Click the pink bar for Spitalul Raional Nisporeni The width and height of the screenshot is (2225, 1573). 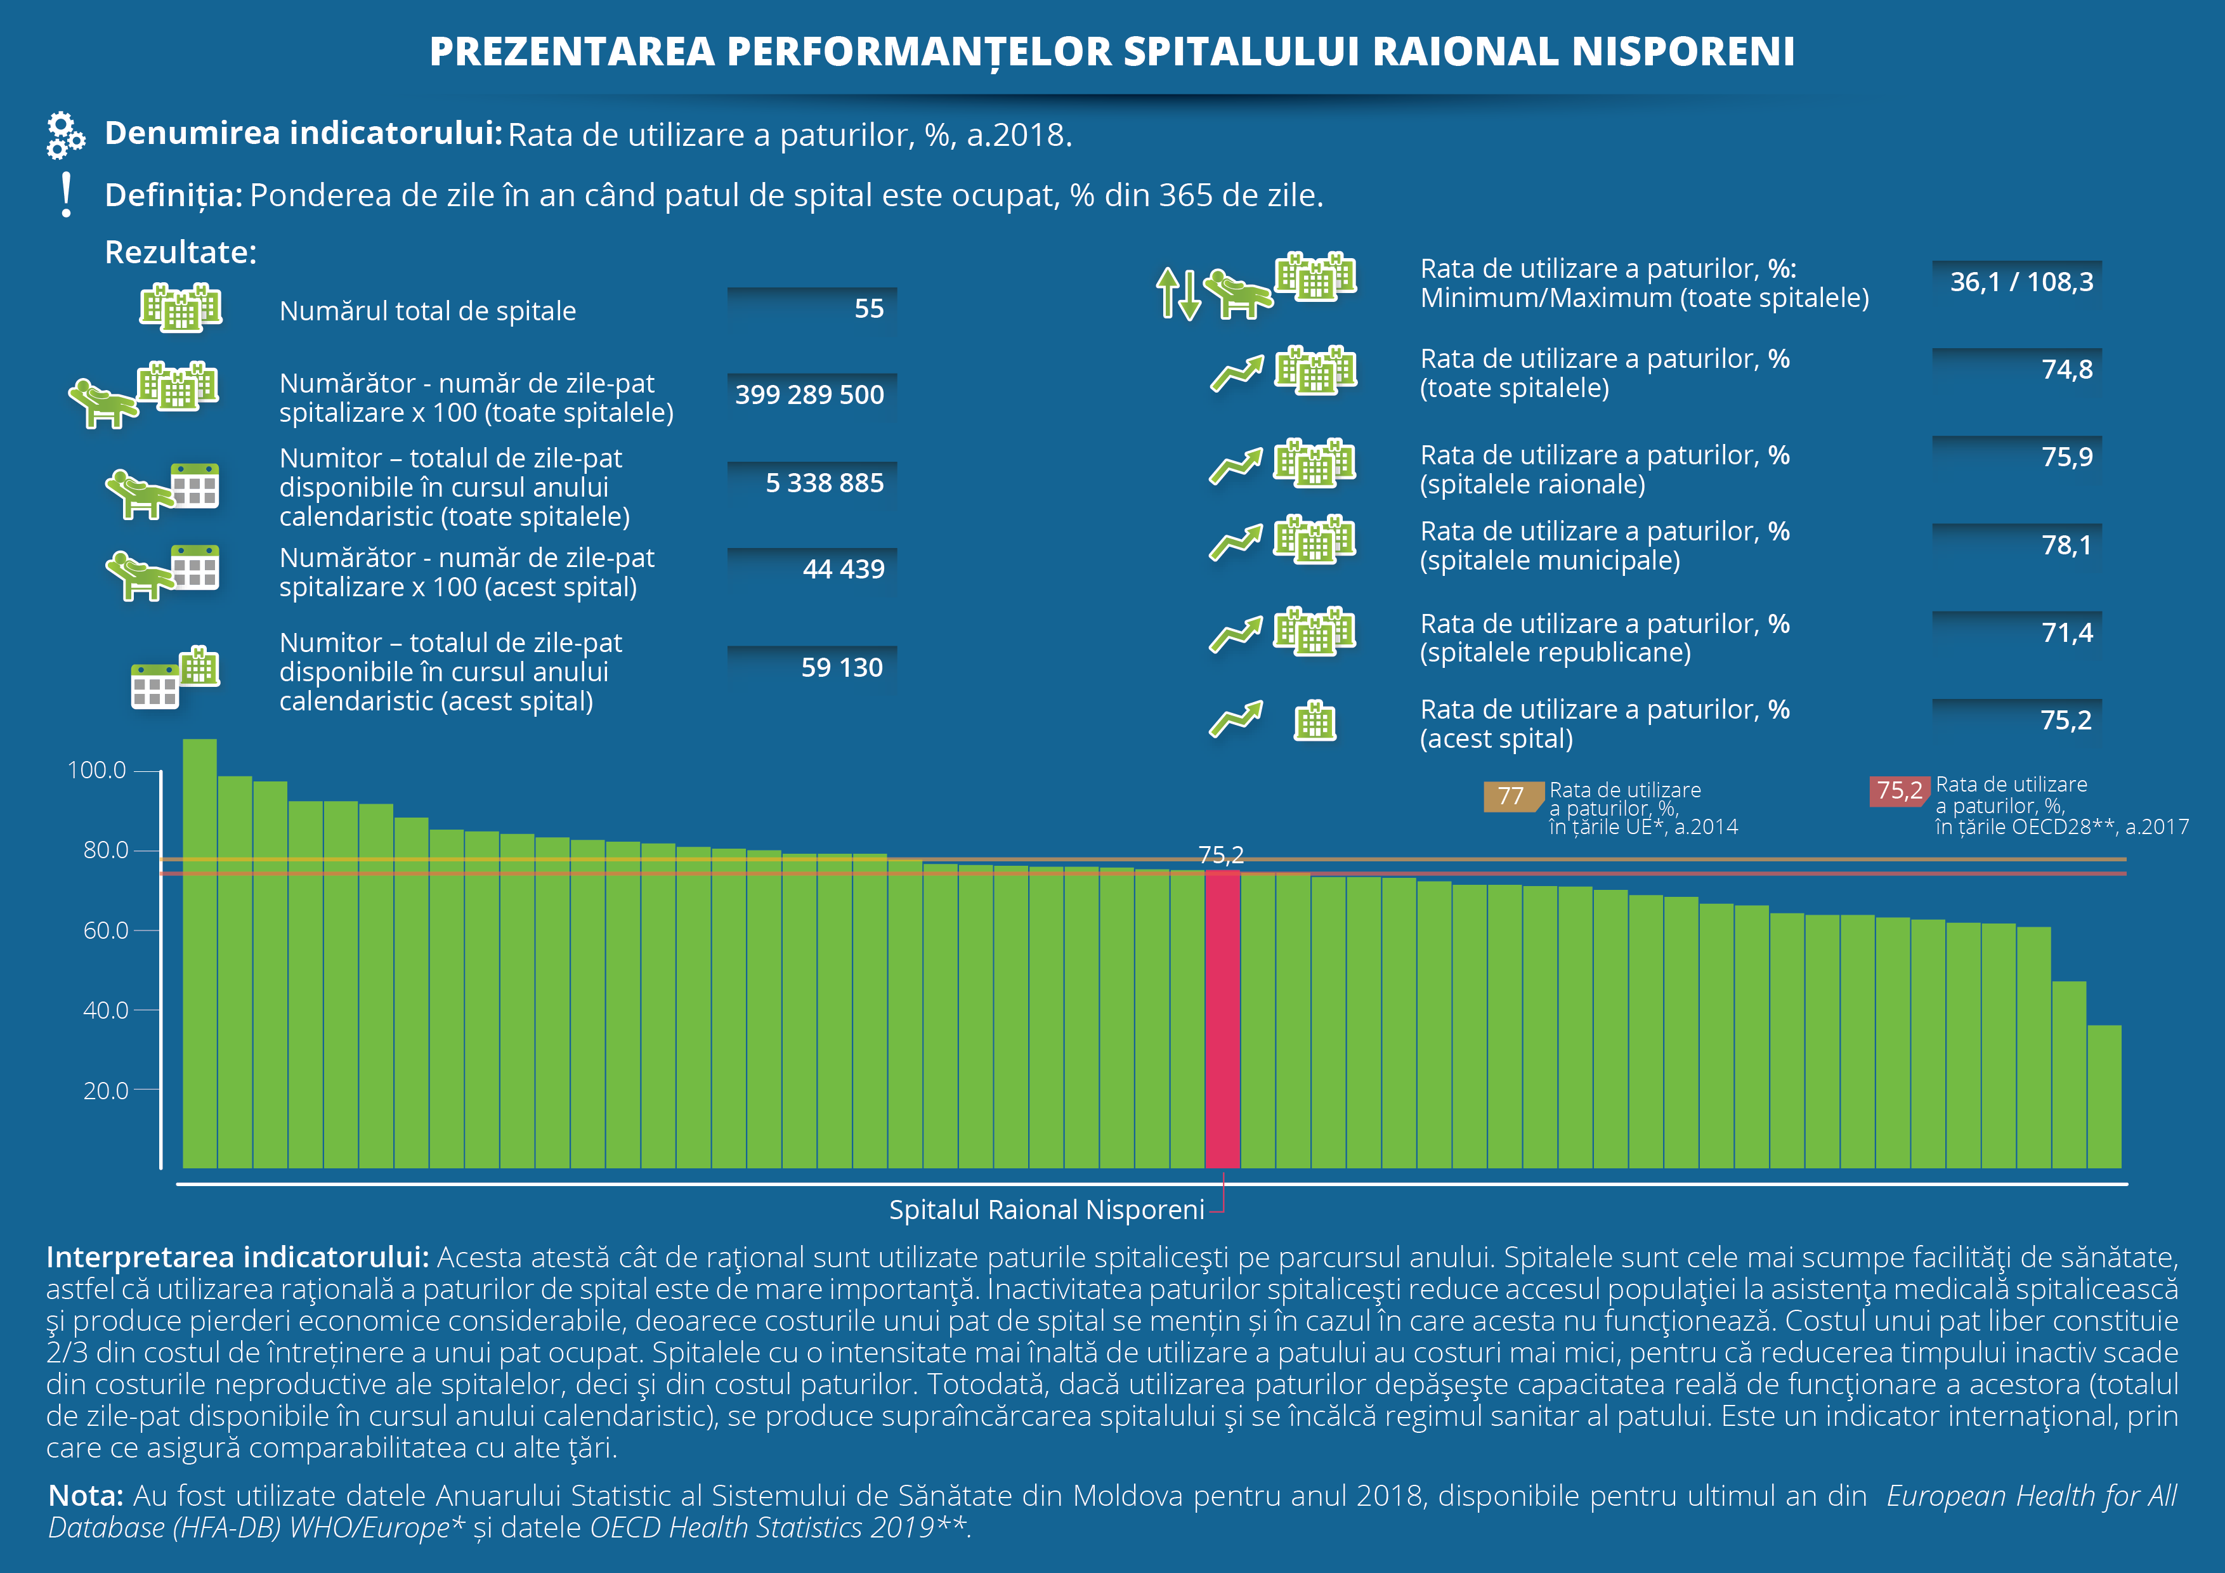1222,1017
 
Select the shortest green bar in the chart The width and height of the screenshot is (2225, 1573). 2104,1096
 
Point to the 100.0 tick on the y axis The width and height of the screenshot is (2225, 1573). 97,771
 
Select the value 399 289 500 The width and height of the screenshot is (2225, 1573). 809,395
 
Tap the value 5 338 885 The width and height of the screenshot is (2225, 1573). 824,483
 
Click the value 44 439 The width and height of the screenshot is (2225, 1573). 843,569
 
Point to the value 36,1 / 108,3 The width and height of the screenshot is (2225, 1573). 2021,282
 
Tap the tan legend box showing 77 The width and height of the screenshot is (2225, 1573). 1511,797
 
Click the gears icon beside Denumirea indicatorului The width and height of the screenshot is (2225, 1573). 65,134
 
